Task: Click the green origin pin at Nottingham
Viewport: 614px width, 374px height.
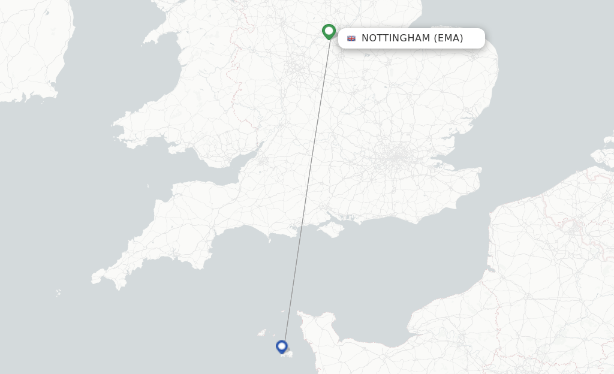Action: coord(329,31)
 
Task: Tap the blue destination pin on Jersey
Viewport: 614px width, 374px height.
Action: coord(282,346)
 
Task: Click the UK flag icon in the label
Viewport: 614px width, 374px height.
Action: coord(351,38)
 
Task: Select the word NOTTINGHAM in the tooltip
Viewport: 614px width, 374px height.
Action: coord(396,38)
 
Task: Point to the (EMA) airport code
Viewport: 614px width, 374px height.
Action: coord(449,38)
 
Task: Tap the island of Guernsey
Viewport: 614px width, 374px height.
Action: coord(262,332)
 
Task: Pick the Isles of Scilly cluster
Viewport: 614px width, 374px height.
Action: coord(58,293)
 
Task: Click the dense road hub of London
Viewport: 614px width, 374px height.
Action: coord(396,158)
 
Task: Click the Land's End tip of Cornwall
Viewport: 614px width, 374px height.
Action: coord(95,278)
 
